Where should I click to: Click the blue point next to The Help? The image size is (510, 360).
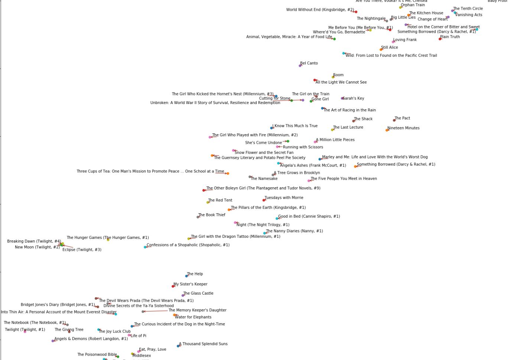tap(186, 276)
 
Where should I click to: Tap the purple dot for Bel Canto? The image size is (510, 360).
tap(300, 66)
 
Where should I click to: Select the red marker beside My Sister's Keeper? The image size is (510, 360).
tap(173, 286)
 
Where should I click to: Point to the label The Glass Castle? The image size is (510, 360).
tap(198, 293)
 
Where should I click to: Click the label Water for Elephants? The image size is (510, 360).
tap(193, 317)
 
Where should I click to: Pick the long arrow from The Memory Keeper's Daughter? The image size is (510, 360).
tap(156, 311)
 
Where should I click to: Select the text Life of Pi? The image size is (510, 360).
tap(139, 336)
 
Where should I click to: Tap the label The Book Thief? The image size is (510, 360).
tap(212, 215)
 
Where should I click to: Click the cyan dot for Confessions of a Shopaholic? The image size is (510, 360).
tap(145, 247)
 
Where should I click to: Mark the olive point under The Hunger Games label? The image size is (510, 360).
tap(108, 240)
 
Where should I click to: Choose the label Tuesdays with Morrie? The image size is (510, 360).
tap(284, 198)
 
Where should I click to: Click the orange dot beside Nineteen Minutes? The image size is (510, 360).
tap(387, 130)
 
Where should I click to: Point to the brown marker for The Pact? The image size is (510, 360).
tap(394, 120)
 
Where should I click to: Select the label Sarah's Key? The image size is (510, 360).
tap(353, 98)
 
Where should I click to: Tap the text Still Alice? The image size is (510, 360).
tap(390, 48)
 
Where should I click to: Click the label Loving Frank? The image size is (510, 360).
tap(405, 40)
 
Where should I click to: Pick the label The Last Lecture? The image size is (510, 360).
tap(348, 127)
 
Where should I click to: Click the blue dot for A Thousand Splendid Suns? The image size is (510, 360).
tap(178, 346)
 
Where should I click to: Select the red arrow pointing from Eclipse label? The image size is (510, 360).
tap(68, 246)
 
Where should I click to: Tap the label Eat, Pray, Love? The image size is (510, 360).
tap(153, 349)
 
